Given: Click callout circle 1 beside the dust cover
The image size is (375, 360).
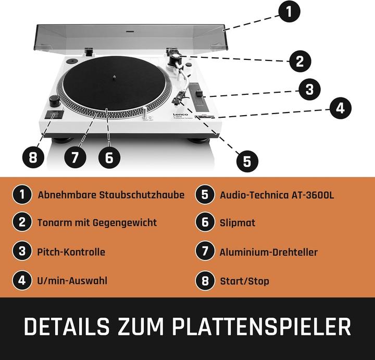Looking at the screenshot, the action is coord(289,11).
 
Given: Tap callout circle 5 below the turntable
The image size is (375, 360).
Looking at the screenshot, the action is coord(247,161).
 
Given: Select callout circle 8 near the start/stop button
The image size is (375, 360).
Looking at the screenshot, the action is coord(33,157).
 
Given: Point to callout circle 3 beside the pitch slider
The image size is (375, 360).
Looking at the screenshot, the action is coord(309,90).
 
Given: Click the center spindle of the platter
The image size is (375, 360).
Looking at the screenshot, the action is coord(115,77).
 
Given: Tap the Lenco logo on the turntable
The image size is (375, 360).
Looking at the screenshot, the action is coord(180,115).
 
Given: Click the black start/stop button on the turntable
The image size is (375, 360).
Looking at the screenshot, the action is coord(54,115).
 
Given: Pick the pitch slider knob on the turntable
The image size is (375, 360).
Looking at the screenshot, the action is coord(199,93).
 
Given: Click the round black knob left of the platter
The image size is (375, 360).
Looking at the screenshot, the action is coord(55,101).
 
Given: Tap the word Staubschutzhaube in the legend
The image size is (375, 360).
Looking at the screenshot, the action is coord(142,195).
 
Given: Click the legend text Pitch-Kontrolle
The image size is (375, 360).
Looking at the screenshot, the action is coord(71,252).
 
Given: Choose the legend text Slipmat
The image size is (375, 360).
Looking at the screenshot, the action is coord(238,223).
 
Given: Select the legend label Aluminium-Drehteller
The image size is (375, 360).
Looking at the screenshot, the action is coord(269,252).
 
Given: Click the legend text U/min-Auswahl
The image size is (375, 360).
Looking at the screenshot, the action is coord(72,281).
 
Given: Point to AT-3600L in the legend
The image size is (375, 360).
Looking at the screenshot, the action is coord(312,195).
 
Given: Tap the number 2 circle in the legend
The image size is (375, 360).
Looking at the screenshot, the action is coord(22,222).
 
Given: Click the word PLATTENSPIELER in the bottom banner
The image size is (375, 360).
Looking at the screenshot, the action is coord(261,327).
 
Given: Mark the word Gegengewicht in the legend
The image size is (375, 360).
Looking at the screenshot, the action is coord(124,223).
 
